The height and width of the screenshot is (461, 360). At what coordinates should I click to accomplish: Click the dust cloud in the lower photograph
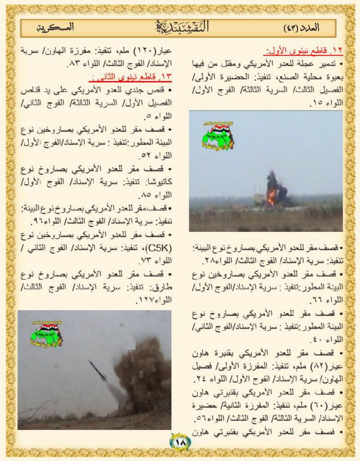[x=144, y=372]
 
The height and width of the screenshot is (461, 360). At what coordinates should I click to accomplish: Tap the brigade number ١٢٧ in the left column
[x=33, y=299]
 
